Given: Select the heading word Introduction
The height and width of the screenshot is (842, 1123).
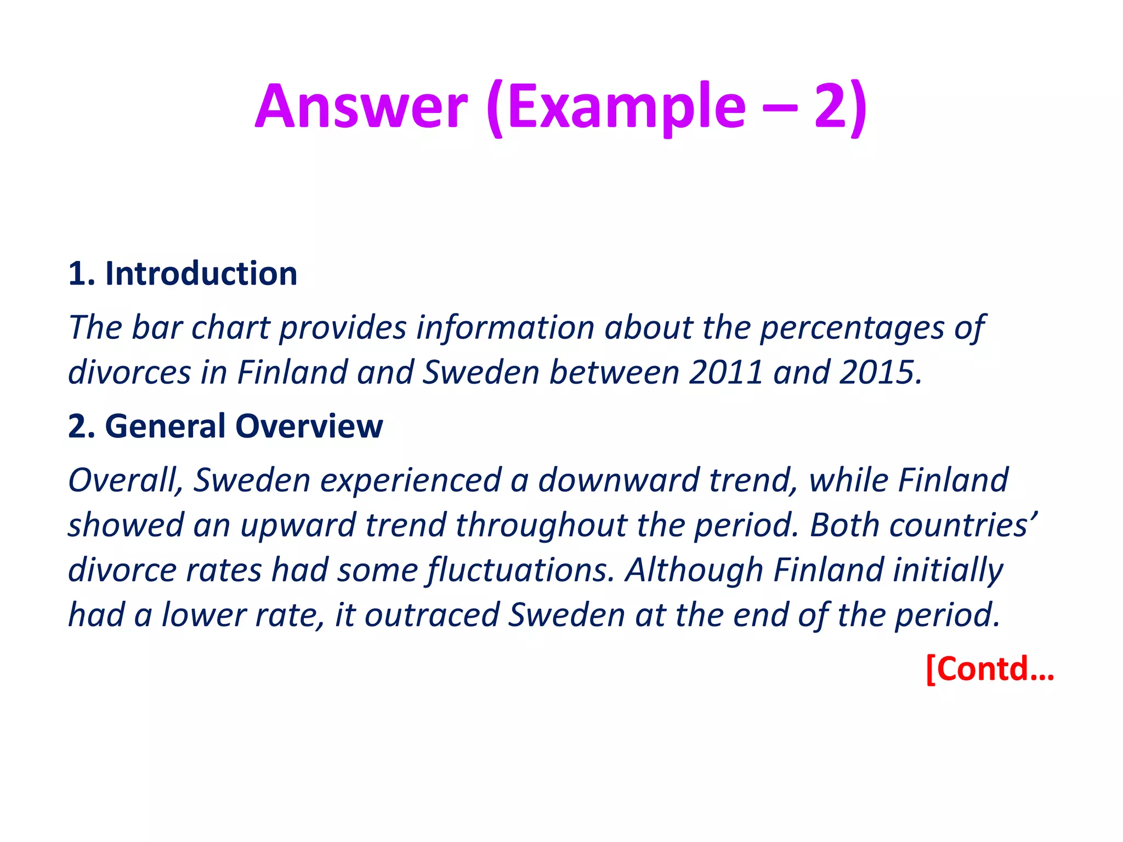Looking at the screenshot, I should point(201,274).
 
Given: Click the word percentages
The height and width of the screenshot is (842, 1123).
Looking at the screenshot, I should point(851,328).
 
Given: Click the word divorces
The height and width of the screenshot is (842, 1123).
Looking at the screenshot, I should point(129,373).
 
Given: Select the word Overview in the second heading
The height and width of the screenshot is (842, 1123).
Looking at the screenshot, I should point(309,426).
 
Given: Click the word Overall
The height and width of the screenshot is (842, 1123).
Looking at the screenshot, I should point(125,481).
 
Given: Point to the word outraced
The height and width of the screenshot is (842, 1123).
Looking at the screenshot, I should point(432,616).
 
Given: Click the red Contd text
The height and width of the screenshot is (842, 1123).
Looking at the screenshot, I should point(990,669).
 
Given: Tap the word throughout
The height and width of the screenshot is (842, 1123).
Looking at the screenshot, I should point(541,526).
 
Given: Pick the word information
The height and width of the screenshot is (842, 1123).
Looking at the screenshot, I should point(505,328).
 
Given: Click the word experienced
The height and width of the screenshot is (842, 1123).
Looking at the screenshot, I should point(411,481).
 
